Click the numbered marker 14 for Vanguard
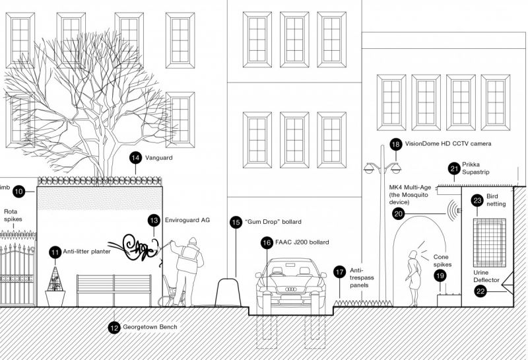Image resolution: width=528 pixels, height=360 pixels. (135, 158)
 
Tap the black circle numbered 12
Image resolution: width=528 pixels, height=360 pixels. (114, 326)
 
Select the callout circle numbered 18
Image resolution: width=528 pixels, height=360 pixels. (395, 144)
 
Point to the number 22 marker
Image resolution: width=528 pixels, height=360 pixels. (481, 290)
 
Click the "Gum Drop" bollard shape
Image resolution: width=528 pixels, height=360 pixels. (227, 291)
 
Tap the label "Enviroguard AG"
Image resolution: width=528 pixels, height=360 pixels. (187, 220)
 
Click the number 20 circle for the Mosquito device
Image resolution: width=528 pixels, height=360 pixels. (397, 213)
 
